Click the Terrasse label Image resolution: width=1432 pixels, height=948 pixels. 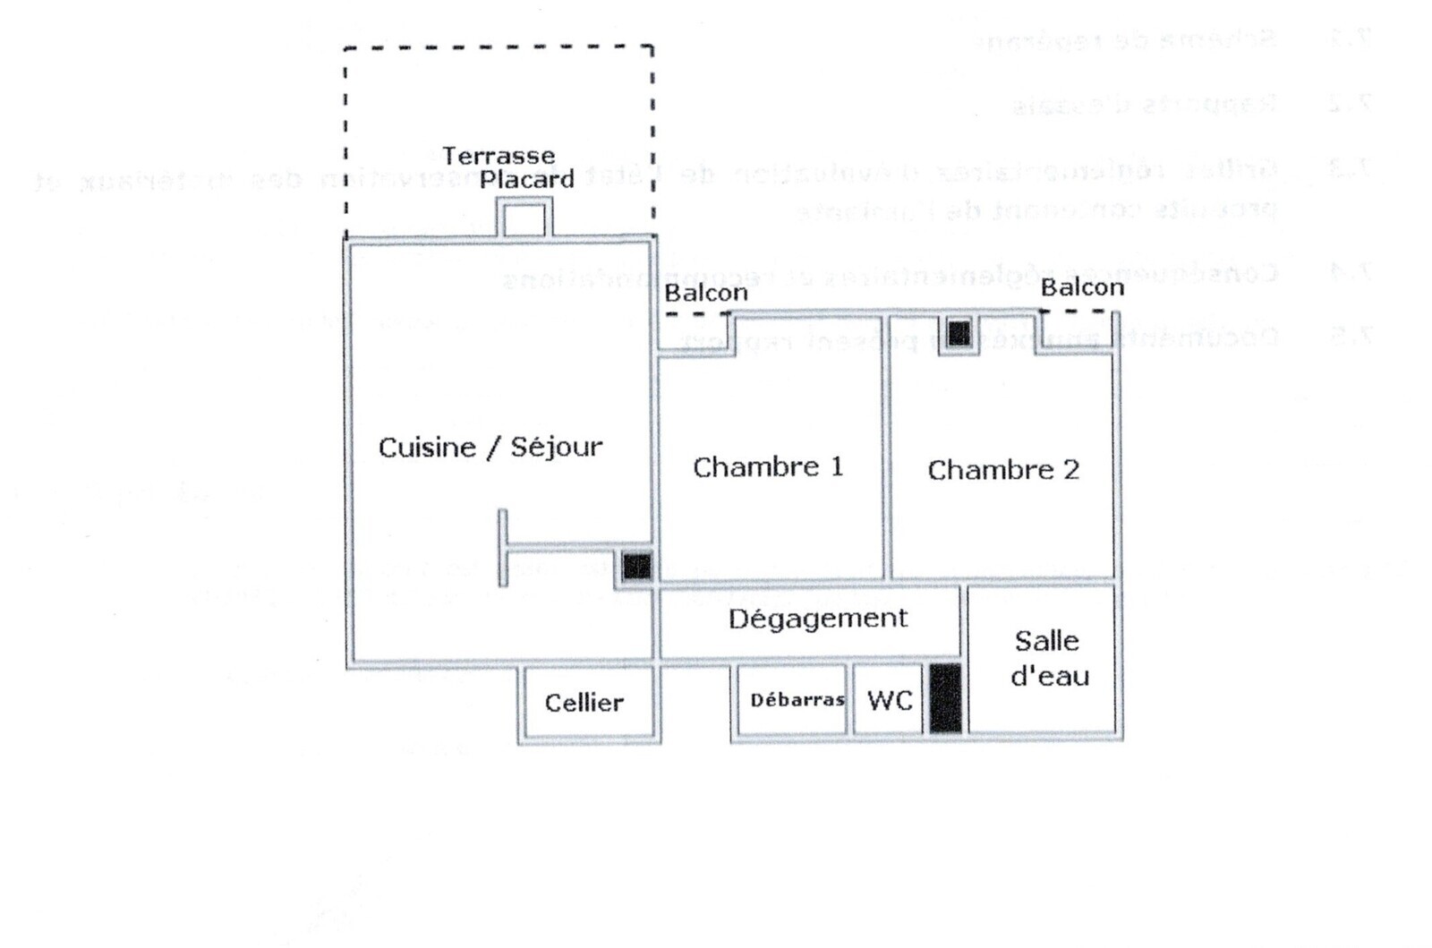[x=499, y=156]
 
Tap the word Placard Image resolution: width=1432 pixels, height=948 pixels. [x=526, y=179]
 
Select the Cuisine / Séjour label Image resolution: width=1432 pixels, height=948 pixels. [x=490, y=447]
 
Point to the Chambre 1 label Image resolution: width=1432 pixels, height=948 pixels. [x=768, y=466]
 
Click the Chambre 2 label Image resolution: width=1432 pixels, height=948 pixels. [x=1002, y=469]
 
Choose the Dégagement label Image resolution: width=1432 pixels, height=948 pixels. [x=817, y=619]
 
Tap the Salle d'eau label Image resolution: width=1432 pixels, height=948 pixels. [x=1048, y=658]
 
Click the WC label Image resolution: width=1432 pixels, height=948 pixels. [x=890, y=700]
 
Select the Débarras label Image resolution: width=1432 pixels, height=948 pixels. [x=797, y=700]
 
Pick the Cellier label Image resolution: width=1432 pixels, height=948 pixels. [x=584, y=703]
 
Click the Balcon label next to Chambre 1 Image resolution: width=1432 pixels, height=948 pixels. [x=705, y=293]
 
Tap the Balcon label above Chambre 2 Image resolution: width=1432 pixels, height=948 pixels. [x=1081, y=287]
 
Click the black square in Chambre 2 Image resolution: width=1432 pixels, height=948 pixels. [x=959, y=334]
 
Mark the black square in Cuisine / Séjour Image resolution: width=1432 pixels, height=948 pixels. [x=636, y=566]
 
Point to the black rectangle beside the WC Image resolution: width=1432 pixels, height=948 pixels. [x=944, y=698]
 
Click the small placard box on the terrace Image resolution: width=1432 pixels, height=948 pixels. [x=524, y=218]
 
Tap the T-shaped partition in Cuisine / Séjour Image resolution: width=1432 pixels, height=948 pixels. [x=504, y=546]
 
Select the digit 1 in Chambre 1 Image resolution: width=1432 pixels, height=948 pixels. [x=836, y=466]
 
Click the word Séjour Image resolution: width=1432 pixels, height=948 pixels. [x=556, y=447]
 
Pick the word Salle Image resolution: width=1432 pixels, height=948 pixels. [x=1046, y=641]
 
